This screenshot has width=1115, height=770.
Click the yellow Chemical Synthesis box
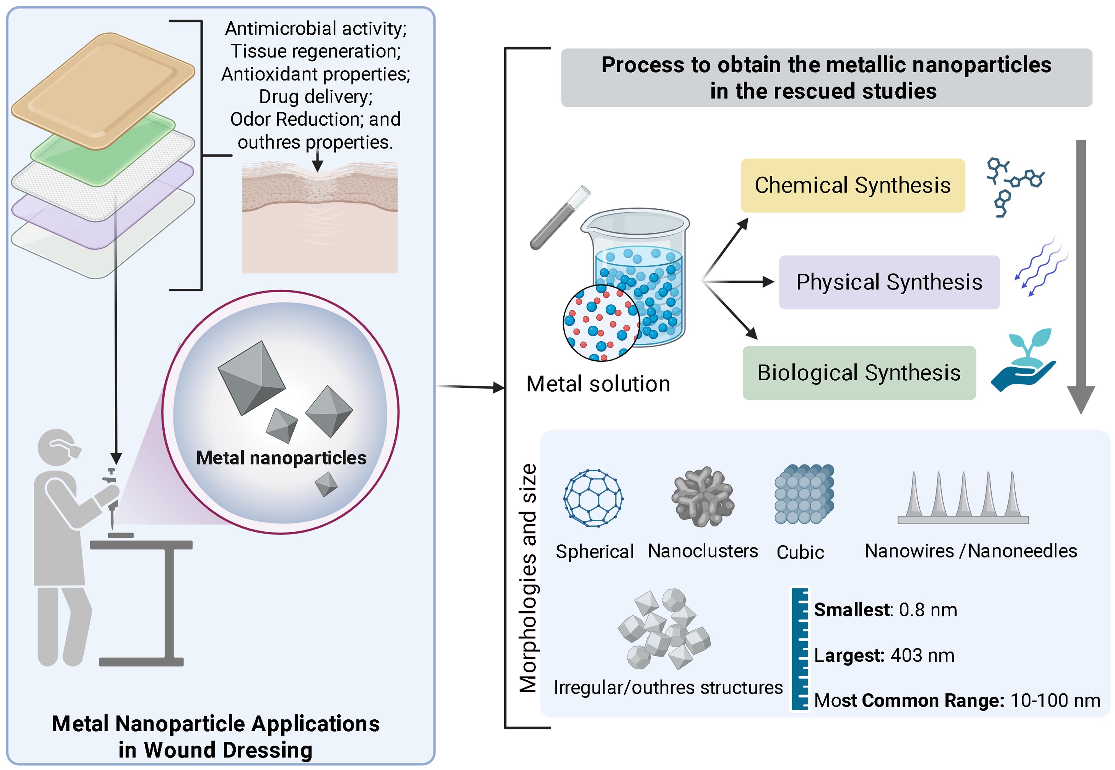point(852,185)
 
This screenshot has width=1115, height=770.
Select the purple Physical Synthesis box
point(889,282)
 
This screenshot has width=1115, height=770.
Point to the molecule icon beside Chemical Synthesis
point(1013,186)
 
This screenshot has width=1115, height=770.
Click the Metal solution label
point(598,384)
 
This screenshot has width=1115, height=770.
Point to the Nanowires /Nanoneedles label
point(970,551)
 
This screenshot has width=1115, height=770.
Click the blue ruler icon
point(800,649)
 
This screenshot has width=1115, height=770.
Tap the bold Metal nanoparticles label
point(281,458)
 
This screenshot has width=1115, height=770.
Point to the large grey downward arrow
point(1081,275)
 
